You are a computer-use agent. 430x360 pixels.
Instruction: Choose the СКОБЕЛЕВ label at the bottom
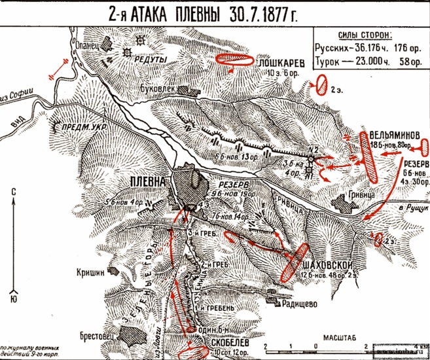coord(219,342)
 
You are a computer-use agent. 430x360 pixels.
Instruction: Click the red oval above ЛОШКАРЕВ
coord(234,59)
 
